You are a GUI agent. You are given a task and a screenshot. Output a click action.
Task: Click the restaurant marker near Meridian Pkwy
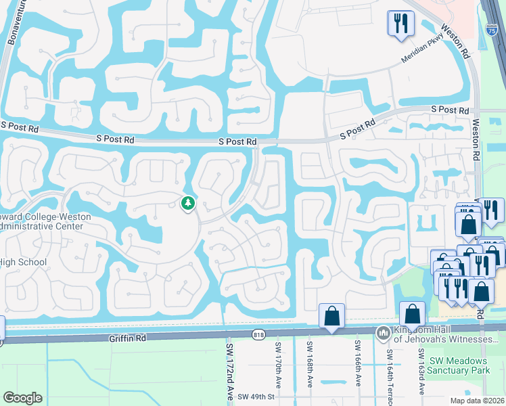(x=400, y=24)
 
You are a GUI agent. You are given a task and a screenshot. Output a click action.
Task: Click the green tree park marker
(x=187, y=202)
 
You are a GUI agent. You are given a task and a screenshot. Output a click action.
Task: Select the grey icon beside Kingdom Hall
(x=384, y=333)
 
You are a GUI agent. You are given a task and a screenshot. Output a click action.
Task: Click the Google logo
(x=22, y=398)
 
